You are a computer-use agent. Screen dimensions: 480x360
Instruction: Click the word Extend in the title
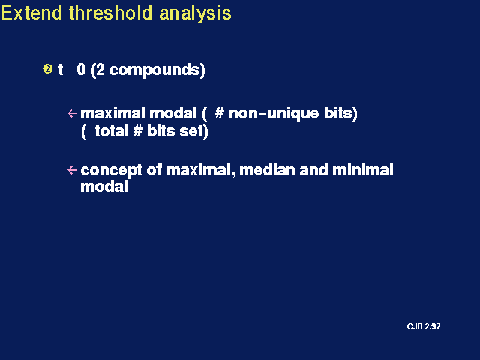click(x=31, y=13)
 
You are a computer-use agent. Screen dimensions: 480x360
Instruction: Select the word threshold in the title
click(x=110, y=13)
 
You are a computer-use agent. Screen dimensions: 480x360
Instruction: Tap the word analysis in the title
click(x=195, y=14)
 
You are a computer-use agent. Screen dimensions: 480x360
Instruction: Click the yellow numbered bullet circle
click(x=48, y=69)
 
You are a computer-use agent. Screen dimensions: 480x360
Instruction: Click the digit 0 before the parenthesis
click(x=81, y=69)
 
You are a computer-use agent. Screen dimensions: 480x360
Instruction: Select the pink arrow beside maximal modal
click(x=72, y=113)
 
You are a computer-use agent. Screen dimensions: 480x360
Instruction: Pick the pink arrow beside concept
click(x=72, y=170)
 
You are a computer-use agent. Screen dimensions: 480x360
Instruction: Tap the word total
click(x=112, y=131)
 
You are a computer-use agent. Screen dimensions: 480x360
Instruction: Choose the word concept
click(x=111, y=171)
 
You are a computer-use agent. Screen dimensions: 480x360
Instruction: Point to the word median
click(x=267, y=170)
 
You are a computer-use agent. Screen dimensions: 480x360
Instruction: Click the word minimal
click(x=363, y=170)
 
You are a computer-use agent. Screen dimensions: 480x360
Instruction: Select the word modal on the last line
click(x=104, y=187)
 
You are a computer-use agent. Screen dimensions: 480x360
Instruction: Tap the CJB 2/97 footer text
click(x=424, y=326)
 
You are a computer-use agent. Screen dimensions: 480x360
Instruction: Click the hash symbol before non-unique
click(x=220, y=113)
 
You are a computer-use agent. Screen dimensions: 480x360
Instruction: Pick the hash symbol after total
click(x=138, y=131)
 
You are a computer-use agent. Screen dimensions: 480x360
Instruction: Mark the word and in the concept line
click(x=313, y=170)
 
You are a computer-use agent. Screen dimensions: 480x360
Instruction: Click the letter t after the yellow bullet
click(x=61, y=70)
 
